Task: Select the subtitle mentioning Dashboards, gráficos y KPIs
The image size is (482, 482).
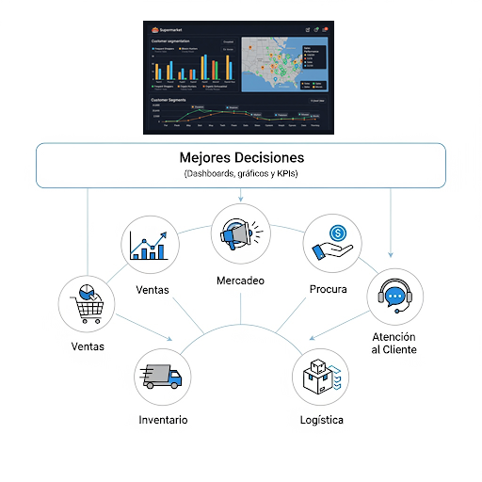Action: click(x=241, y=174)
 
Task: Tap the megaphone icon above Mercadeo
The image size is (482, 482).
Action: click(x=241, y=233)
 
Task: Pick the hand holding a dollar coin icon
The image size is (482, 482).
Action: click(x=330, y=244)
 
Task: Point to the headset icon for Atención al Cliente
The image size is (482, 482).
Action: click(x=394, y=297)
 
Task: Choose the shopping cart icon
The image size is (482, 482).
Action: click(x=87, y=302)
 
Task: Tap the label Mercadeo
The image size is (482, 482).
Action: click(x=241, y=281)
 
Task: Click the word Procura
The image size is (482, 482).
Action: click(x=328, y=289)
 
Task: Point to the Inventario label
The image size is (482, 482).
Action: click(x=164, y=419)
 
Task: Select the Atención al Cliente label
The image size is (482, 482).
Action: click(x=394, y=344)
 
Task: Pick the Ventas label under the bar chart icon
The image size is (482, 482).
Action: click(x=153, y=290)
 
